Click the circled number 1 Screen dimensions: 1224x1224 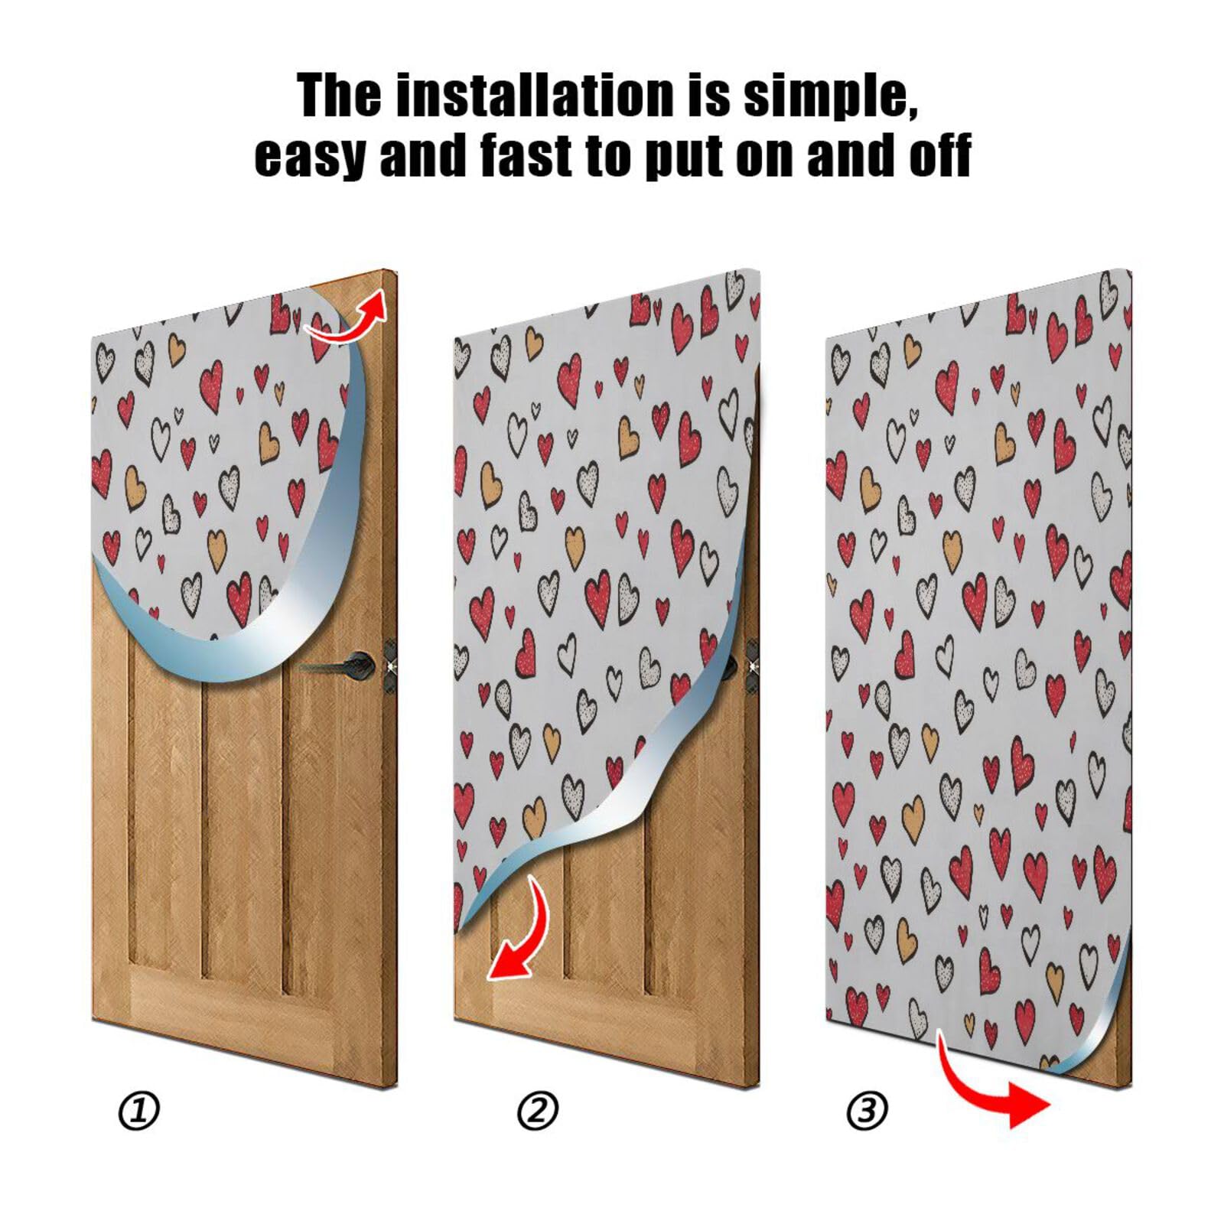click(x=139, y=1111)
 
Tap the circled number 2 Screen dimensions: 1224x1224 click(x=538, y=1111)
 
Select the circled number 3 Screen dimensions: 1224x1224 click(x=867, y=1111)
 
